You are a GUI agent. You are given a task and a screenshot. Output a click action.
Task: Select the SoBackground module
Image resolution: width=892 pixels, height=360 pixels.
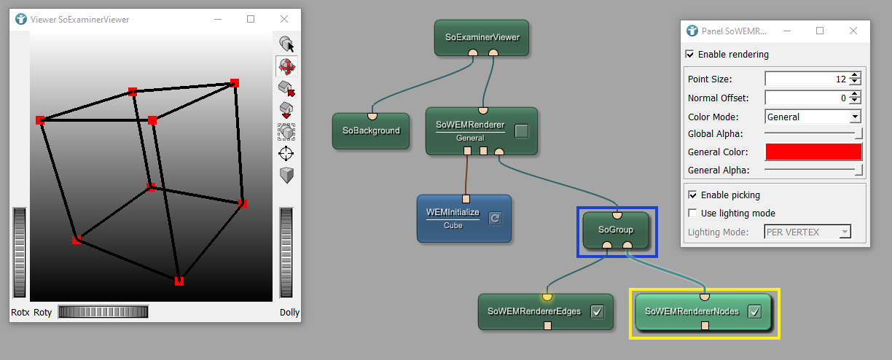tap(372, 131)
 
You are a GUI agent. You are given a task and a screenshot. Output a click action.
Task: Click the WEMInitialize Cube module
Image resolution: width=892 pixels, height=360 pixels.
tap(453, 218)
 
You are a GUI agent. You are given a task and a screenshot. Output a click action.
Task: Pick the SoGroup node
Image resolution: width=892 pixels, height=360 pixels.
tap(616, 230)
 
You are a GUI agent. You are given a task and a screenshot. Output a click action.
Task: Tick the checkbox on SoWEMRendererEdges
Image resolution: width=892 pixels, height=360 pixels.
tap(598, 312)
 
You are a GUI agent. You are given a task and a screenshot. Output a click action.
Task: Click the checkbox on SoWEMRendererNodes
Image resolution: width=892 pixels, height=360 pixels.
tap(755, 312)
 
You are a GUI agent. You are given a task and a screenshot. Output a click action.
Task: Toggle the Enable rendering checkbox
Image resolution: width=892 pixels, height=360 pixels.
tap(690, 55)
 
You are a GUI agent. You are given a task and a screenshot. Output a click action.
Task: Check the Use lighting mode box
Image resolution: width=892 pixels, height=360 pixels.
tap(693, 214)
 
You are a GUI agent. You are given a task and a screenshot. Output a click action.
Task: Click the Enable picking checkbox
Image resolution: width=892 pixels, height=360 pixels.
tap(693, 195)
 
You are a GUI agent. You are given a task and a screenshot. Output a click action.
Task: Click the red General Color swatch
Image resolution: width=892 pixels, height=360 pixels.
tap(813, 152)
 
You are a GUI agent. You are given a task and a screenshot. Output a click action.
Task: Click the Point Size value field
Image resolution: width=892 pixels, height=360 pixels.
tap(806, 79)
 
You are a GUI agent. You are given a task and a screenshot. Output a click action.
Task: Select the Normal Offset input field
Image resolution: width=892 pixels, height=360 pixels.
tap(806, 98)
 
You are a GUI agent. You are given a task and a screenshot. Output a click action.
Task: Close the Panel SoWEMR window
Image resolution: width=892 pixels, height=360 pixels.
tap(853, 31)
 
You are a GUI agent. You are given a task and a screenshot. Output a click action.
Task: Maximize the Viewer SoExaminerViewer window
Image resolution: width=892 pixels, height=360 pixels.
tap(251, 19)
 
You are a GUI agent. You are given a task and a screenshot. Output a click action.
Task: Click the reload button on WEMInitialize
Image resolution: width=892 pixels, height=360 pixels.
tap(495, 217)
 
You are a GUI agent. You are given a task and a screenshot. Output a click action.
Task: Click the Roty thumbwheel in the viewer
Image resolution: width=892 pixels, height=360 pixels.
tap(103, 312)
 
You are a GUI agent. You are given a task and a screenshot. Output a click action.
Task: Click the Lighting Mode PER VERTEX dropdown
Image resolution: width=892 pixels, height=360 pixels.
tap(807, 232)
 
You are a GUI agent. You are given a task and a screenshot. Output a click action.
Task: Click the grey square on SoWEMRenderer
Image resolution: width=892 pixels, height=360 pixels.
tap(521, 131)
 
